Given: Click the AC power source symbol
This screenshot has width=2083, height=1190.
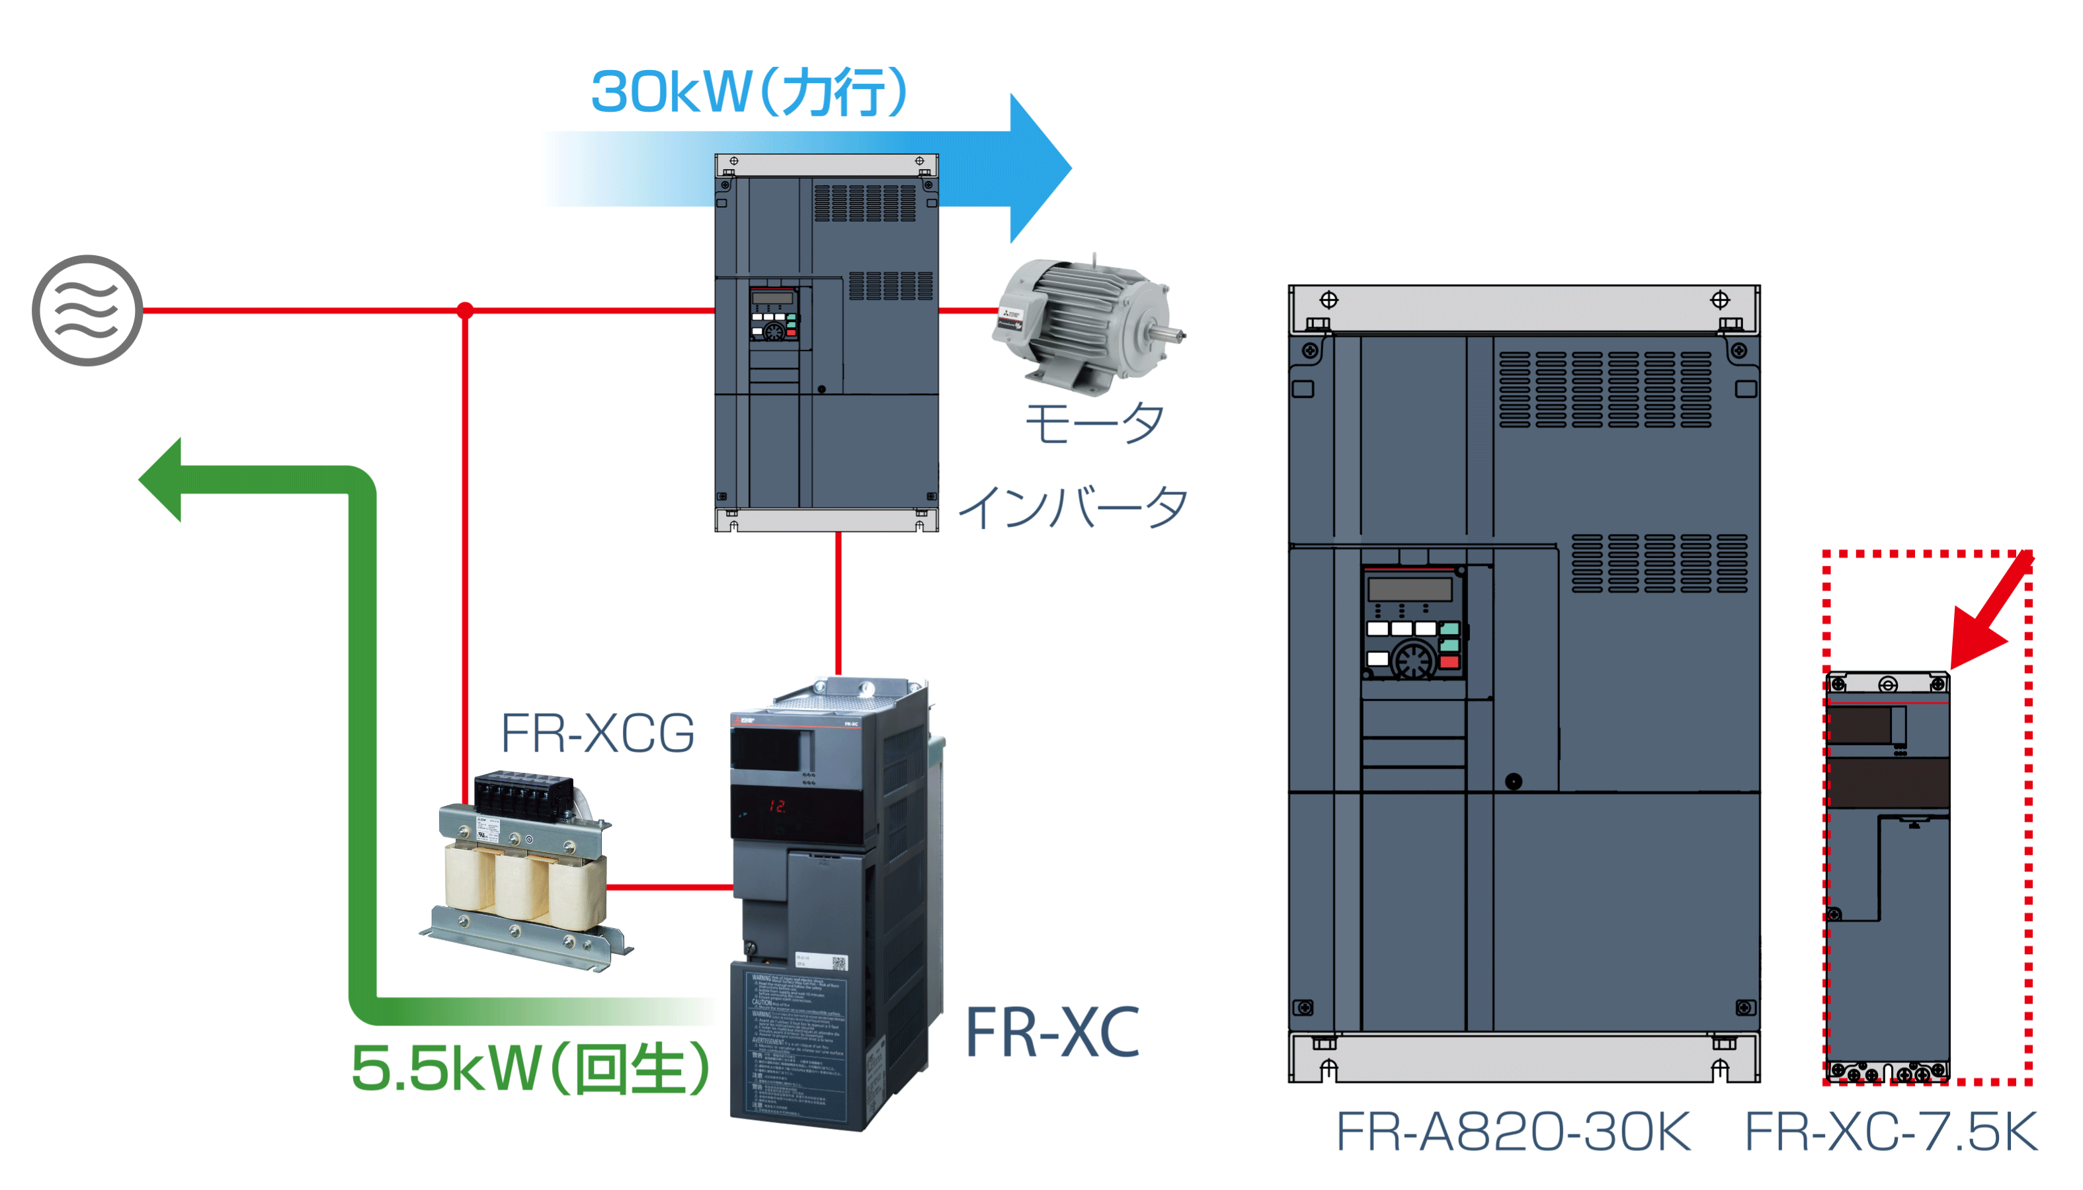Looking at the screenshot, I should (87, 311).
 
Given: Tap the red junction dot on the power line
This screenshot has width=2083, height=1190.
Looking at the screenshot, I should (465, 311).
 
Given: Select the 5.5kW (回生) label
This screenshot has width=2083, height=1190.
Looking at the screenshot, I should (530, 1068).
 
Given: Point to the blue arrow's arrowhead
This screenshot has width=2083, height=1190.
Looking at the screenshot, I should (1038, 167).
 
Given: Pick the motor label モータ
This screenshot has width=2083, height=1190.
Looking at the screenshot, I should (1094, 423).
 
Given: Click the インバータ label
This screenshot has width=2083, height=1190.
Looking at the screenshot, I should (1072, 506).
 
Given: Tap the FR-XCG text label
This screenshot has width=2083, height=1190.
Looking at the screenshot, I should (598, 733).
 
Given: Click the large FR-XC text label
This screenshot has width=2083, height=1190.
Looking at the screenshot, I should (1052, 1032).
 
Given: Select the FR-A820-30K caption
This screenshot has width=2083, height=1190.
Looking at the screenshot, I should (1512, 1132).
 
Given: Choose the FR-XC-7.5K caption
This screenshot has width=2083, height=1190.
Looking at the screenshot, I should (1891, 1132).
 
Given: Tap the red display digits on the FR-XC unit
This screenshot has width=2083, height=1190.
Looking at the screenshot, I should (776, 806).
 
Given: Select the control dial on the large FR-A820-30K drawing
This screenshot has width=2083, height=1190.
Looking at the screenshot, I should (1414, 658).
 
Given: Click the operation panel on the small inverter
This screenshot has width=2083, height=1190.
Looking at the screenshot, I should (774, 314).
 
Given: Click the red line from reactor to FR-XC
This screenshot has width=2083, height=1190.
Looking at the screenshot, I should (669, 887).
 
